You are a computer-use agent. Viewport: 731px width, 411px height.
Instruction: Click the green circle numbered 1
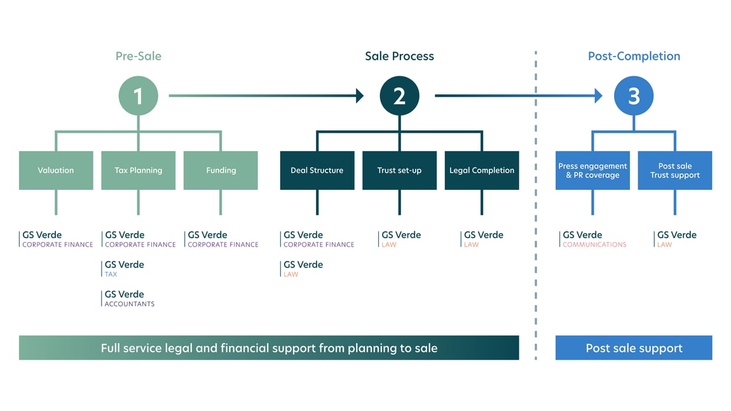(x=138, y=96)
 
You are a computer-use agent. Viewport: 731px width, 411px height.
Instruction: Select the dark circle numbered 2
(x=399, y=96)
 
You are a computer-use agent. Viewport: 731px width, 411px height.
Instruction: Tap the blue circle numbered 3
(x=634, y=96)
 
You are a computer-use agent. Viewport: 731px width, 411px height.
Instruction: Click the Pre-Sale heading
(x=138, y=56)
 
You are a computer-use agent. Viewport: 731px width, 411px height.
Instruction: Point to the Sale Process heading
(x=399, y=56)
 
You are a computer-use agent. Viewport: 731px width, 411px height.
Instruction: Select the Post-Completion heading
(x=634, y=56)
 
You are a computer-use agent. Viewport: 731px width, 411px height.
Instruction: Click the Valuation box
(x=56, y=170)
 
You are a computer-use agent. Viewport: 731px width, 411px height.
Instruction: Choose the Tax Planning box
(x=138, y=170)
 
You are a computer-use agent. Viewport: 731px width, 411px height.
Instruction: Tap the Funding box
(x=221, y=170)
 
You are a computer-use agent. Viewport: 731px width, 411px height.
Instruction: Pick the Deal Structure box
(x=317, y=170)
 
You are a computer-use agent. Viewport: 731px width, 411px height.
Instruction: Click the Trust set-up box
(x=399, y=170)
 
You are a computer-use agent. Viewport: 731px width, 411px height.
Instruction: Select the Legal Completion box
(x=482, y=170)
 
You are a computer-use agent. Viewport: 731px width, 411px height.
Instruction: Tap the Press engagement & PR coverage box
(x=592, y=170)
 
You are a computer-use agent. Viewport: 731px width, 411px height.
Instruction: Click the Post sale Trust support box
(x=675, y=170)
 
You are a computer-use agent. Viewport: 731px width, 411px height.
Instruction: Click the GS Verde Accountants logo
(x=129, y=299)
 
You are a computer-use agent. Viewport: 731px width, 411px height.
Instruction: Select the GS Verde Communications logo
(x=593, y=239)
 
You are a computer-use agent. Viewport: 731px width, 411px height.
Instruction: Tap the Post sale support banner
(x=634, y=348)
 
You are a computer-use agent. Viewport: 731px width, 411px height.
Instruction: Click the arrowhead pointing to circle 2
(x=360, y=96)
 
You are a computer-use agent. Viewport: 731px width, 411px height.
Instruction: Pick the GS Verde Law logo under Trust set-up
(x=400, y=239)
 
